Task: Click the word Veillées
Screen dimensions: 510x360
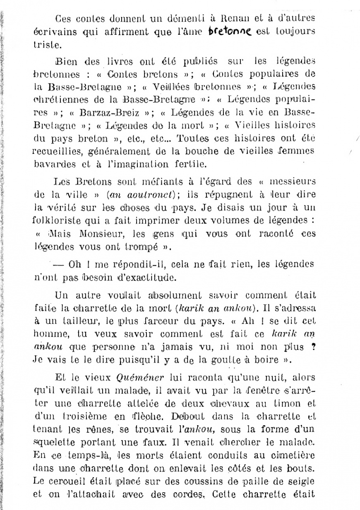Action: [163, 87]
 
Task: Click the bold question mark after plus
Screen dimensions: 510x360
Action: [314, 347]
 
